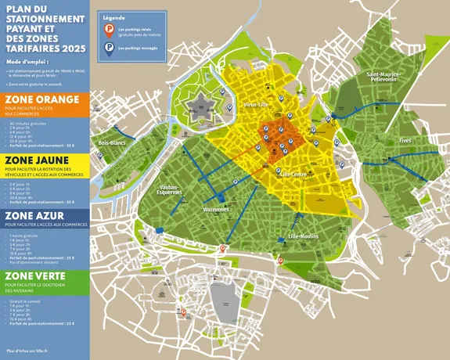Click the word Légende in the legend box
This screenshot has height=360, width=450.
coord(114,16)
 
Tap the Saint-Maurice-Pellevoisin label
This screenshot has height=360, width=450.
coord(383,77)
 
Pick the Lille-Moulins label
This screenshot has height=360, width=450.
coord(304,236)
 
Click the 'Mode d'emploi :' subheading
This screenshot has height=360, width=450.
coord(27,59)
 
